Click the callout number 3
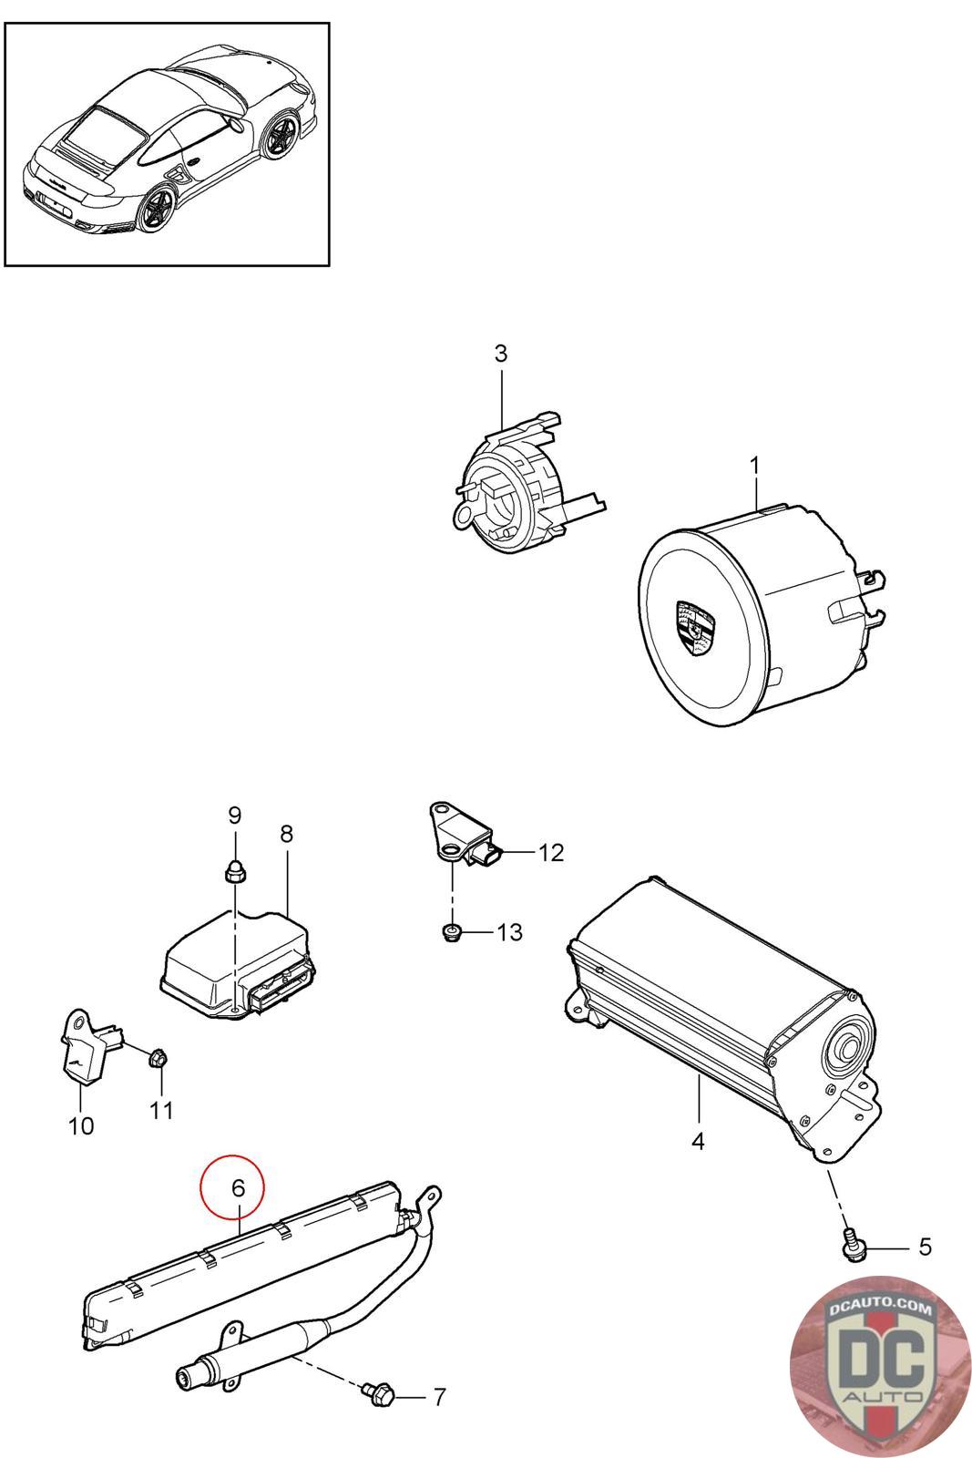pos(501,354)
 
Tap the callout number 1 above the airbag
pos(754,466)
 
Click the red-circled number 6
pos(238,1188)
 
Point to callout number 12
pos(551,853)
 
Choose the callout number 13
pos(510,932)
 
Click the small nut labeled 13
pos(449,931)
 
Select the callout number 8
pos(287,833)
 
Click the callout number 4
pos(698,1140)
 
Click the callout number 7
pos(439,1397)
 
